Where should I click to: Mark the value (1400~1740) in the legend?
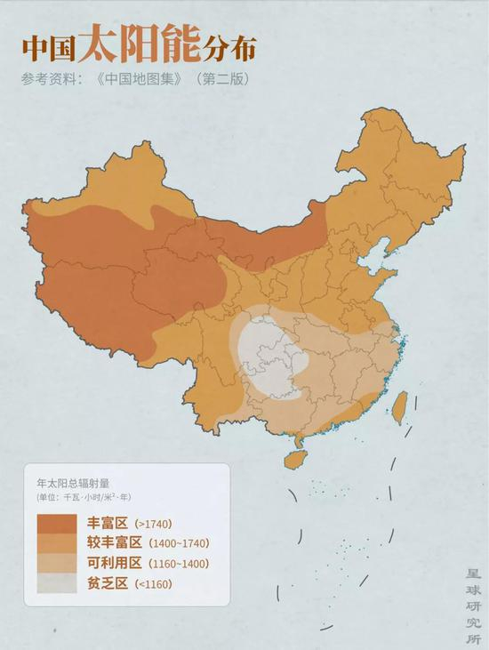[179, 543]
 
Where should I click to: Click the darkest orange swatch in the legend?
[57, 523]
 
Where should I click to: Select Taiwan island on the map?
[400, 405]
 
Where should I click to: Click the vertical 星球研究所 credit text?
[472, 609]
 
